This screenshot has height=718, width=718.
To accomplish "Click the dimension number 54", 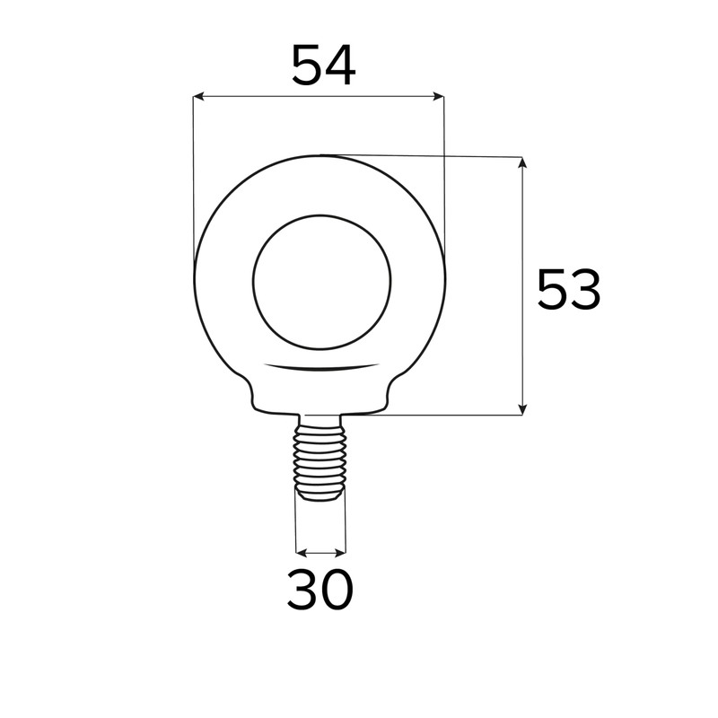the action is (x=323, y=65).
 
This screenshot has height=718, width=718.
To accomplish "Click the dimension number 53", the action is (x=568, y=289).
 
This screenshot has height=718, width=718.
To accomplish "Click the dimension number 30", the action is (x=320, y=590).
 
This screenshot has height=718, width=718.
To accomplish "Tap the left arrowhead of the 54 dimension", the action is (x=198, y=96).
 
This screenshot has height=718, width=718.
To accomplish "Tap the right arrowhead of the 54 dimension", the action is (x=439, y=96).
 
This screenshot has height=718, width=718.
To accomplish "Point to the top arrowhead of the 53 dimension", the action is (x=522, y=162).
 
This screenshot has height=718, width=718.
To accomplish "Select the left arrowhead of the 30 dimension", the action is (x=302, y=553).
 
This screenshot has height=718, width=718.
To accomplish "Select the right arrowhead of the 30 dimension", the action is (x=340, y=553).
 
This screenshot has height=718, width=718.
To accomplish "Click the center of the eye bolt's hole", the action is (x=322, y=282).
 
